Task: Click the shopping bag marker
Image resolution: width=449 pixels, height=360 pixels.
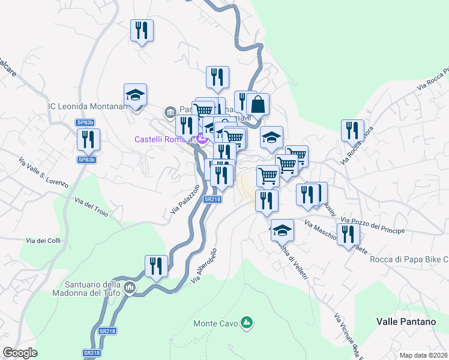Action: [258, 104]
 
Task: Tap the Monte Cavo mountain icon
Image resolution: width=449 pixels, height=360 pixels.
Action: [246, 323]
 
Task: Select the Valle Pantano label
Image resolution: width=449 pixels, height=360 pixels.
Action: [406, 322]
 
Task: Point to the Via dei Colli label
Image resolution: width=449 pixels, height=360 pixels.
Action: [44, 241]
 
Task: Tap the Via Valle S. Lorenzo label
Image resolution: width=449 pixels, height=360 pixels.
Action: [43, 173]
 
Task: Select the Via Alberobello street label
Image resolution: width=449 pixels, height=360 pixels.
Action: [203, 266]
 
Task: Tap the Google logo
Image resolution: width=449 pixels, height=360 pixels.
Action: [20, 353]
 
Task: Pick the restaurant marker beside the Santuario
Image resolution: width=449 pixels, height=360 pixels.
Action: [156, 266]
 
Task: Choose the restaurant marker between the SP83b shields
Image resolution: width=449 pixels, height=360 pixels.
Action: [88, 139]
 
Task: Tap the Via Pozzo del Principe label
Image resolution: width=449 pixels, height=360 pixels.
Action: [373, 226]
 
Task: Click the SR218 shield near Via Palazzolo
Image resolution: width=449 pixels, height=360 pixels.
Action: [212, 199]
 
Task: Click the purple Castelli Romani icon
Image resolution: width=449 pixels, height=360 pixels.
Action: [202, 139]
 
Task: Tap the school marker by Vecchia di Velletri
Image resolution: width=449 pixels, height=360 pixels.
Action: [282, 230]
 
